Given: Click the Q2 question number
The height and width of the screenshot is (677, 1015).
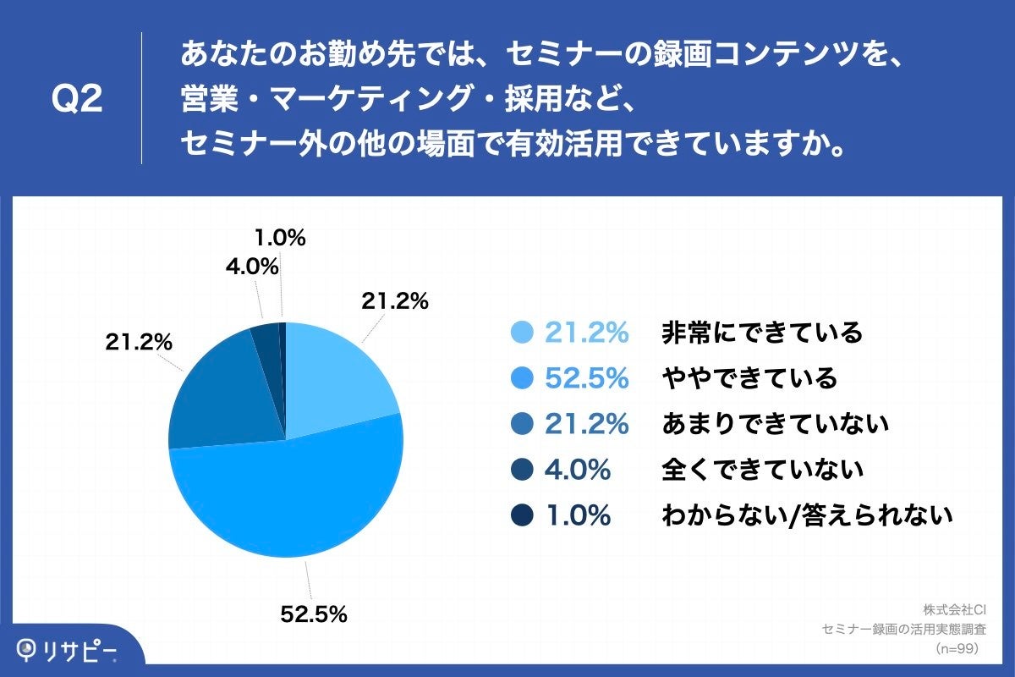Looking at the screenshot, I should [x=77, y=100].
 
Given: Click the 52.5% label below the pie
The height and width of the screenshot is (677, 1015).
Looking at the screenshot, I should [x=314, y=615].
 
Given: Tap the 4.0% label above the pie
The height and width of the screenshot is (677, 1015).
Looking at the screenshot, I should [x=251, y=267].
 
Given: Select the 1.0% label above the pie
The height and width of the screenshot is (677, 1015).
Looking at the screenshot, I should [x=279, y=239].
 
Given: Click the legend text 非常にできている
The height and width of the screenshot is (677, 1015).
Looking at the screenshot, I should [x=761, y=333].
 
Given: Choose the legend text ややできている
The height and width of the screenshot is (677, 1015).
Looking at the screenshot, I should [x=749, y=377].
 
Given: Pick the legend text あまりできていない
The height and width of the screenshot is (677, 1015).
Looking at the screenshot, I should [x=774, y=423].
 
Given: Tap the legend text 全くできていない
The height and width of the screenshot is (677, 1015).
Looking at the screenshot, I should [x=761, y=469].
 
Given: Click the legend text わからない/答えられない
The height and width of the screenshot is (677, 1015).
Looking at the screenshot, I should [x=807, y=515].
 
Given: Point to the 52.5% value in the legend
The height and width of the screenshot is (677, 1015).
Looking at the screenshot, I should [x=586, y=377].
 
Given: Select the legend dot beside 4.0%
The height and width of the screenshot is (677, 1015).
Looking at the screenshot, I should [x=523, y=469].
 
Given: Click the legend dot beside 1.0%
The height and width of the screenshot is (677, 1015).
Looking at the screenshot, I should [x=523, y=515].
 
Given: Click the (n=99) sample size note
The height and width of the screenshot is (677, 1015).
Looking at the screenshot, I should [x=957, y=648].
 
